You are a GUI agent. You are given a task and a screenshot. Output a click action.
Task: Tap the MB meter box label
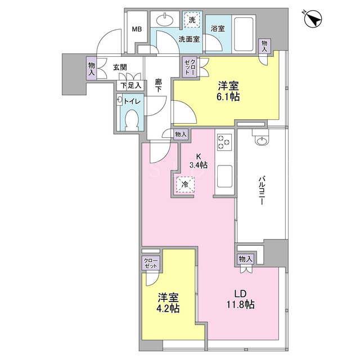point(137,29)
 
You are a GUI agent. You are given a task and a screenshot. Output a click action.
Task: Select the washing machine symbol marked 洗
point(192,20)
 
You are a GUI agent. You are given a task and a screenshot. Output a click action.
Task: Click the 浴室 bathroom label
point(218,29)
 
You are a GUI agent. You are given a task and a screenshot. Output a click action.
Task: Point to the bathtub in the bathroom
point(244,34)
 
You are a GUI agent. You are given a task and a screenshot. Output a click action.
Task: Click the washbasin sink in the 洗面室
point(165,20)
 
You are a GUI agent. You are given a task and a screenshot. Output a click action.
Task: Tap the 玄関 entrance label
point(120,67)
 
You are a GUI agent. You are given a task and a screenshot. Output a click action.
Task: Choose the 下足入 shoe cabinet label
point(131,86)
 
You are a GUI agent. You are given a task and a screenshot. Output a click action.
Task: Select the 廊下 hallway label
point(158,85)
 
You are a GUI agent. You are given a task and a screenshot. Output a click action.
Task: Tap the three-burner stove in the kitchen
point(224,142)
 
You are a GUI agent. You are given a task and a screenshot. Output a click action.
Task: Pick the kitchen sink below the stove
point(224,176)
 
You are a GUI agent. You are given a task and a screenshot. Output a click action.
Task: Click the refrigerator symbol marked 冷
point(185,184)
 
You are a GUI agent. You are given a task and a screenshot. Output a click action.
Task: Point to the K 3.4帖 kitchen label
point(199,161)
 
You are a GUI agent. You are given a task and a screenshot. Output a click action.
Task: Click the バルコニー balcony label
point(261,190)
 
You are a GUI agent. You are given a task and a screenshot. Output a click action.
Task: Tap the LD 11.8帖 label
point(240,299)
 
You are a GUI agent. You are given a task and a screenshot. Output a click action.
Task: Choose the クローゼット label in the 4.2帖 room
point(151,263)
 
